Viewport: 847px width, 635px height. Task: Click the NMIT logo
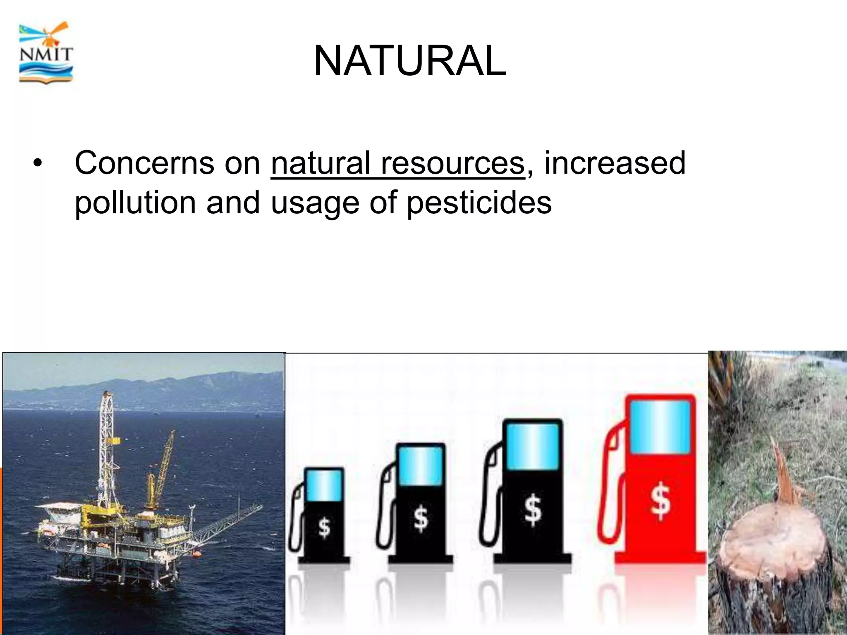46,53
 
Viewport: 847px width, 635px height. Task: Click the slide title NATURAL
410,61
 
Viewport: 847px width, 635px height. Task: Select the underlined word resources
452,163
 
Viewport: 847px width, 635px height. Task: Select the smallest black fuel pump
323,517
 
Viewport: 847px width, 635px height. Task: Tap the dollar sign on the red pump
660,501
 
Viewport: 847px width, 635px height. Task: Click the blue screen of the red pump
660,427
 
